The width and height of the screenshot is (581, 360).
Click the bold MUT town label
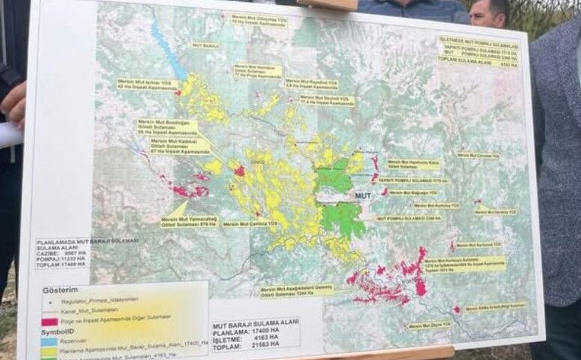[x=363, y=196]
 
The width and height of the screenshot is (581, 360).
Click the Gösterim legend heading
[x=60, y=290]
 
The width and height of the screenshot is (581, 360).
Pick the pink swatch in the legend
[x=49, y=322]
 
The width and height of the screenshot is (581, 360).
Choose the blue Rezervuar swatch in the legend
[x=48, y=340]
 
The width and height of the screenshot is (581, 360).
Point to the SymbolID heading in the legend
[x=56, y=331]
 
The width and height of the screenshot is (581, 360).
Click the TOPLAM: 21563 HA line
[x=246, y=344]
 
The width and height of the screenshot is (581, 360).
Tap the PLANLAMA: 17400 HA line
[x=247, y=331]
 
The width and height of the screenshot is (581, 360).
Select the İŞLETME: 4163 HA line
[x=246, y=338]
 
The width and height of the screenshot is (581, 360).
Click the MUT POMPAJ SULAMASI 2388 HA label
[x=408, y=219]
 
